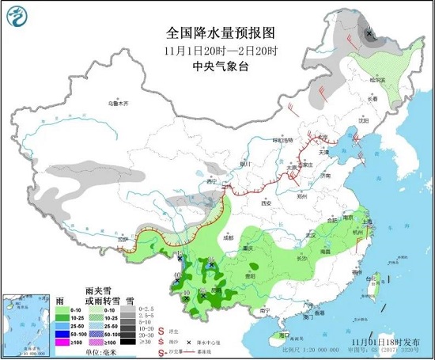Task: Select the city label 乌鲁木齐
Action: pyautogui.click(x=119, y=104)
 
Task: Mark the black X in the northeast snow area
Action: pyautogui.click(x=370, y=32)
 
